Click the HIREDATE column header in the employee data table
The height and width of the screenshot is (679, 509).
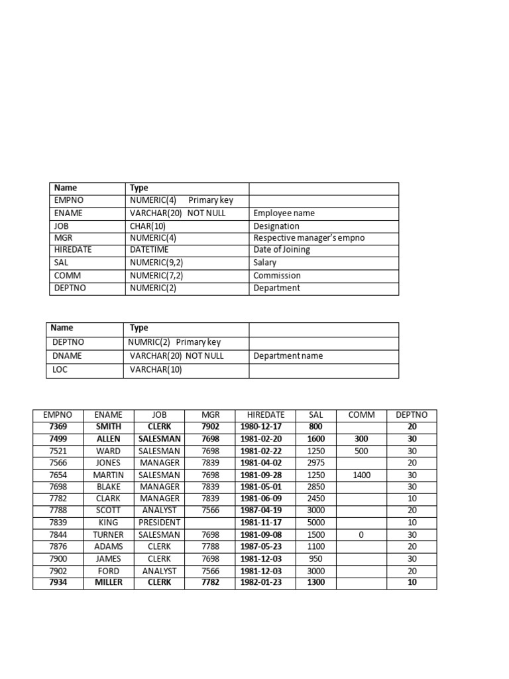265,415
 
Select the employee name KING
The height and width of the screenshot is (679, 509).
108,523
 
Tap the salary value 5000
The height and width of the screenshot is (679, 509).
316,523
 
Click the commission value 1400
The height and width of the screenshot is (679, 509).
361,475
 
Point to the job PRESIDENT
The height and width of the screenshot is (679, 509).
159,523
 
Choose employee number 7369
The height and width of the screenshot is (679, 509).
58,427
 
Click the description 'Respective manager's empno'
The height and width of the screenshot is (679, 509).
309,238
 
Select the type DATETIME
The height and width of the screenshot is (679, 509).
149,250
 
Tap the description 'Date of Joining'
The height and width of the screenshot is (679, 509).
282,250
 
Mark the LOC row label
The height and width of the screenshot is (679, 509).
60,370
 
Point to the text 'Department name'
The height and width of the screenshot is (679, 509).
288,356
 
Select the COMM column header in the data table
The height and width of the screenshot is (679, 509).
361,415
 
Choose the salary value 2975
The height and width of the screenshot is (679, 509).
316,463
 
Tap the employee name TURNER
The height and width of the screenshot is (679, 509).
108,534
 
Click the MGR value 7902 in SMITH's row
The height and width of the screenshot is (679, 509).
210,427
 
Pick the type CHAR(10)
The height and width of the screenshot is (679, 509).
148,226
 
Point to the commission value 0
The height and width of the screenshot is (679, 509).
361,534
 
